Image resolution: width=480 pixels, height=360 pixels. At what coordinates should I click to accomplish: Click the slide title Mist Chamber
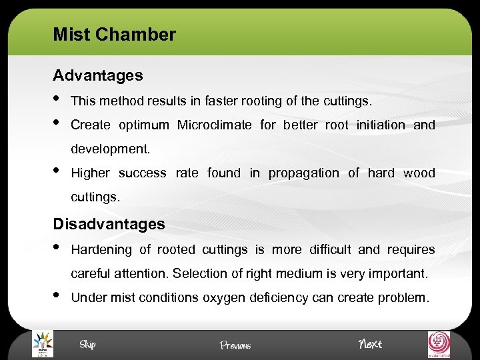[114, 35]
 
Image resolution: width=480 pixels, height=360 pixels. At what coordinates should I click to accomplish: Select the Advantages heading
[97, 75]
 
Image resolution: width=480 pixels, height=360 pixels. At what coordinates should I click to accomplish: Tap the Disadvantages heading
[109, 224]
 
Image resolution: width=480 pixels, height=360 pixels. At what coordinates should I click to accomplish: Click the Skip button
[87, 344]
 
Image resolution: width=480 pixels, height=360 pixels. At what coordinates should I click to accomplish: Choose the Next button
[370, 344]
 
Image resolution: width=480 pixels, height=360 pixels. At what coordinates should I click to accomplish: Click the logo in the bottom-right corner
[438, 344]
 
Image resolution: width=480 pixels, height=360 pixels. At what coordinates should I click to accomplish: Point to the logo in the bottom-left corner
[42, 344]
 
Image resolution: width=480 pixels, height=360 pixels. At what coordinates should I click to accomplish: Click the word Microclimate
[214, 125]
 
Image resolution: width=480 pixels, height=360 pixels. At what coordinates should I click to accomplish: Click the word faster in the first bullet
[222, 101]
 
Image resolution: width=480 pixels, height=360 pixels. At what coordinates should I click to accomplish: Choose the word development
[110, 149]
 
